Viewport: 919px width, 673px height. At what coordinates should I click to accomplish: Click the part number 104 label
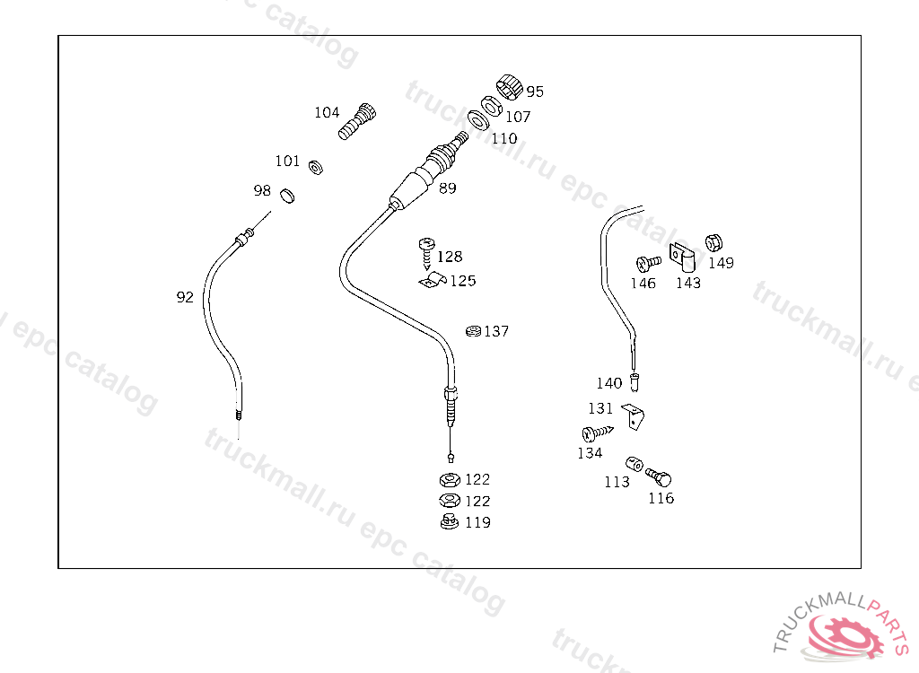(x=327, y=113)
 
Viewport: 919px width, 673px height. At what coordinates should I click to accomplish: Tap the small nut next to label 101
(x=315, y=167)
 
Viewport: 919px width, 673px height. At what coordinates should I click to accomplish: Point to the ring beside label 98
(x=287, y=195)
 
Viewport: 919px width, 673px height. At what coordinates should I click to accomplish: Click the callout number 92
(x=185, y=297)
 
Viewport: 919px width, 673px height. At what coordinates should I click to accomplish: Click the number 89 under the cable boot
(x=447, y=188)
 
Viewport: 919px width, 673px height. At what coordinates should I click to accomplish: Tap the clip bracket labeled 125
(x=432, y=281)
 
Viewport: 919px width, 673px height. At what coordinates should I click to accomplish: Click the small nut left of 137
(x=473, y=331)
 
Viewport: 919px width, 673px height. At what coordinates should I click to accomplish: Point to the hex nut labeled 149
(x=714, y=242)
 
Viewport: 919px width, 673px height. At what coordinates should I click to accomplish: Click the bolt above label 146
(x=647, y=262)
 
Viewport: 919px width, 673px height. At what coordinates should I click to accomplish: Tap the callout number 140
(x=608, y=383)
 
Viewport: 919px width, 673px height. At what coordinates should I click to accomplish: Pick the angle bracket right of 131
(x=635, y=415)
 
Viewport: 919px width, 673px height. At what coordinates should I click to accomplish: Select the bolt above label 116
(x=658, y=476)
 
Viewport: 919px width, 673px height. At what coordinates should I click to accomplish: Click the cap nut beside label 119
(x=449, y=521)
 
